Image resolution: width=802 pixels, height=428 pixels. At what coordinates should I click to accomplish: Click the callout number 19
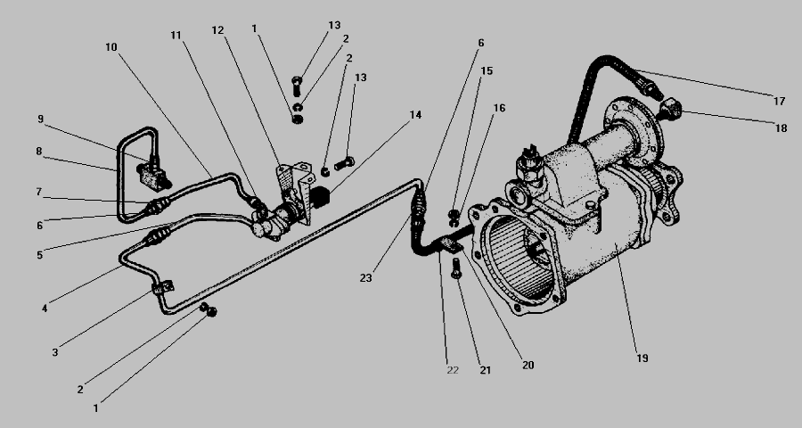[x=642, y=358]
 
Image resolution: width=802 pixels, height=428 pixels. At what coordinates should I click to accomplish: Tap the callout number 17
[x=779, y=102]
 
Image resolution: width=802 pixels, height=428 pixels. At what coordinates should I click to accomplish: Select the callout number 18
[x=781, y=128]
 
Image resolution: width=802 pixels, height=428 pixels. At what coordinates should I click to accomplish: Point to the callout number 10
[x=111, y=47]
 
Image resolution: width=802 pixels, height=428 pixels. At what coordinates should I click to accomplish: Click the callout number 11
[x=176, y=36]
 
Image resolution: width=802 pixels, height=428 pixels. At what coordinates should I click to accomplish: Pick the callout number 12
[x=218, y=30]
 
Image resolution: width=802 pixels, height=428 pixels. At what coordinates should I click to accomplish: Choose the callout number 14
[x=415, y=115]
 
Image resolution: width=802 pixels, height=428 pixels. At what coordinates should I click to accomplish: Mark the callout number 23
[x=365, y=278]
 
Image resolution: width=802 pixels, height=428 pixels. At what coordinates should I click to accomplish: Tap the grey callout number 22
[x=453, y=370]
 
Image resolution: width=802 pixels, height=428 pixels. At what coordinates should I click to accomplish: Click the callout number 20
[x=528, y=365]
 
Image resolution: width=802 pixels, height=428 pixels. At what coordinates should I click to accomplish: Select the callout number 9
[x=40, y=119]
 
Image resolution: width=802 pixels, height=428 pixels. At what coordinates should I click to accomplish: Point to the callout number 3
[x=54, y=353]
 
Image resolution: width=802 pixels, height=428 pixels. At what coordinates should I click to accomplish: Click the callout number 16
[x=499, y=108]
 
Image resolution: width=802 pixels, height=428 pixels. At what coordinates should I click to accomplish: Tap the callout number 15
[x=487, y=70]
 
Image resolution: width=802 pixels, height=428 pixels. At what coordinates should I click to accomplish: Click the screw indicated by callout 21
[x=456, y=268]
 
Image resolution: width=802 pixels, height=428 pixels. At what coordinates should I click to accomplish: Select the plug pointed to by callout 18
[x=670, y=110]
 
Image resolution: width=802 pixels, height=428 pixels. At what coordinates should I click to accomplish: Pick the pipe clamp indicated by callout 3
[x=163, y=287]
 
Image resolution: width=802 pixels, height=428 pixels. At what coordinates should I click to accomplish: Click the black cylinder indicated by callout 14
[x=320, y=197]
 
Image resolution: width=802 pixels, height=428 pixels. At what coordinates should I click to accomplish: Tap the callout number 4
[x=45, y=309]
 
